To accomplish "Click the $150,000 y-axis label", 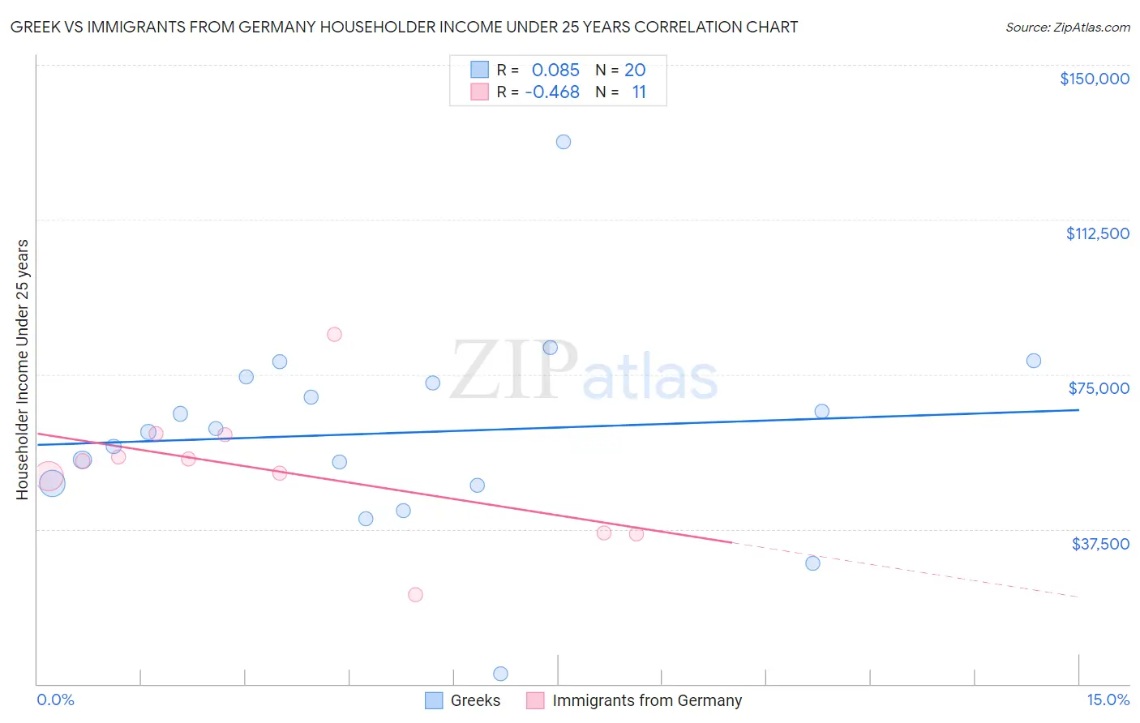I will [1094, 79].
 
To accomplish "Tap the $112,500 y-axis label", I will [1097, 233].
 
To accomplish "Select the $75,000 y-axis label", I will [1099, 388].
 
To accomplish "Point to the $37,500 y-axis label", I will [1100, 543].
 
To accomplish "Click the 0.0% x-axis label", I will [55, 699].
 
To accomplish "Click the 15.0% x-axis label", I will [1108, 699].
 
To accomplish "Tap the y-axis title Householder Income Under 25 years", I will [22, 369].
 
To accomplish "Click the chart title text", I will [404, 27].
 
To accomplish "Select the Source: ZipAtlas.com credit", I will [1067, 27].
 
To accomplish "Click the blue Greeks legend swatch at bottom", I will [434, 700].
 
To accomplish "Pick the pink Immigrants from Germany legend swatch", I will [535, 700].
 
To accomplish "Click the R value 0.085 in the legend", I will [555, 70].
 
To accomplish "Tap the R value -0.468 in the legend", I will [552, 92].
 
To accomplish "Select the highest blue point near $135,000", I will [564, 142].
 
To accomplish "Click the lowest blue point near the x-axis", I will [500, 674].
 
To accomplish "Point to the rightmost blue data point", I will [1034, 361].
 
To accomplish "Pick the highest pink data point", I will [334, 334].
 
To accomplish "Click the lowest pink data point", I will [415, 594].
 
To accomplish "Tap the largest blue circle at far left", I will [52, 484].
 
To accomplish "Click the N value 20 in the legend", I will [635, 70].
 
